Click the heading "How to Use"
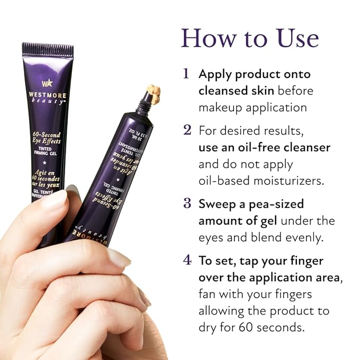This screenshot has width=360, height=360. point(250,38)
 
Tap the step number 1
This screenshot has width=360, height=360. point(186,74)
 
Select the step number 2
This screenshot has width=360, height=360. point(187,130)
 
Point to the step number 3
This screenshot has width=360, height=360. point(187,204)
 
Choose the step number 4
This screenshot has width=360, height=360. point(187,261)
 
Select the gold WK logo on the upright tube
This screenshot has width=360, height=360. point(47,83)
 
